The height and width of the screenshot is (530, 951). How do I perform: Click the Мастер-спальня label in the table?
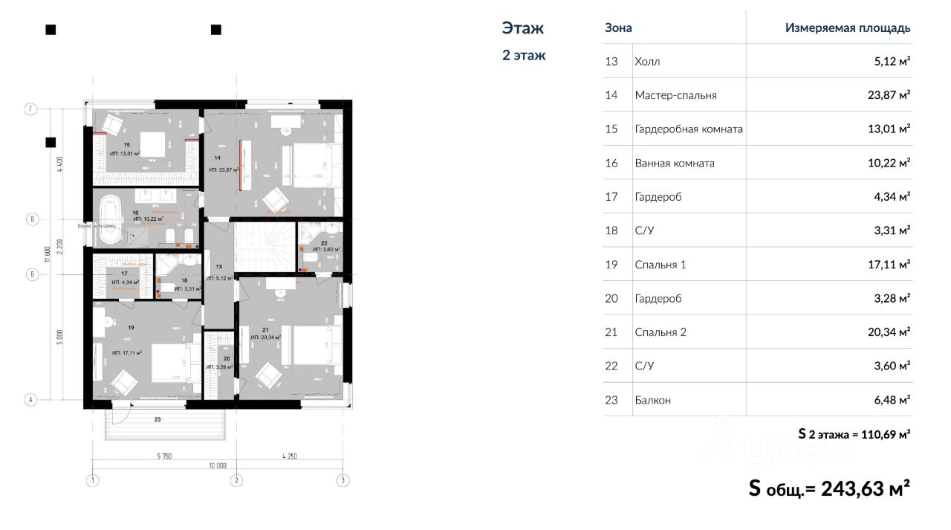coord(675,95)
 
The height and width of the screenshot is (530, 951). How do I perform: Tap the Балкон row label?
coord(652,400)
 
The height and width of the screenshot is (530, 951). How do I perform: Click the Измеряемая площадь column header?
coord(847,28)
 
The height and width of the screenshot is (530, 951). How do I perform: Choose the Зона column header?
coord(618,28)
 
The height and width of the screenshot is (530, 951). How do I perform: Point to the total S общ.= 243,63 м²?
coord(829,488)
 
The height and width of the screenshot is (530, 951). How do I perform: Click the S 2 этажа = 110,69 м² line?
coord(854,433)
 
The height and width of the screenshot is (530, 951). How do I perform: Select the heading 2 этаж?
coord(524,55)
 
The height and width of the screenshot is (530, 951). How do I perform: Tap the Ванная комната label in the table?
coord(674,163)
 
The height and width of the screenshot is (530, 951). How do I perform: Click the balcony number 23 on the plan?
coord(158,420)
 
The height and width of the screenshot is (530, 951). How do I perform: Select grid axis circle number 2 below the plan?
coord(236,480)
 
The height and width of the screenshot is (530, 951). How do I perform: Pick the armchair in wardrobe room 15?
coord(113,123)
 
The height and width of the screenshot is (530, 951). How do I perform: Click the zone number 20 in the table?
coord(611,298)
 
